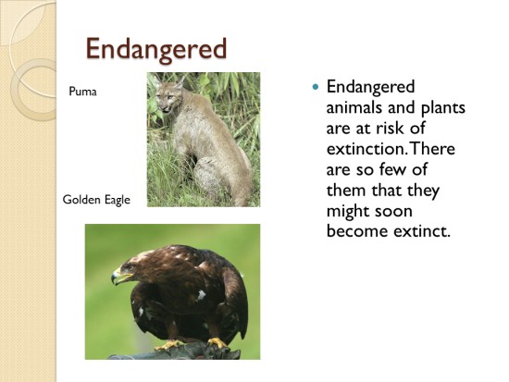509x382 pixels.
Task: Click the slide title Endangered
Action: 156,49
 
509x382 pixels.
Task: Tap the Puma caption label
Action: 82,92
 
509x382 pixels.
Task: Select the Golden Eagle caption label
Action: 96,200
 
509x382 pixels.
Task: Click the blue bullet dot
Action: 316,87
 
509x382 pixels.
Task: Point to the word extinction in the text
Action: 366,149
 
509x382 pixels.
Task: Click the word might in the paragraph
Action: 348,212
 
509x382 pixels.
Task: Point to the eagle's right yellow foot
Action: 217,342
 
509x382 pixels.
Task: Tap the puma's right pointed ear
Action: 180,81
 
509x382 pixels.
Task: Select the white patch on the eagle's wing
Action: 201,295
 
